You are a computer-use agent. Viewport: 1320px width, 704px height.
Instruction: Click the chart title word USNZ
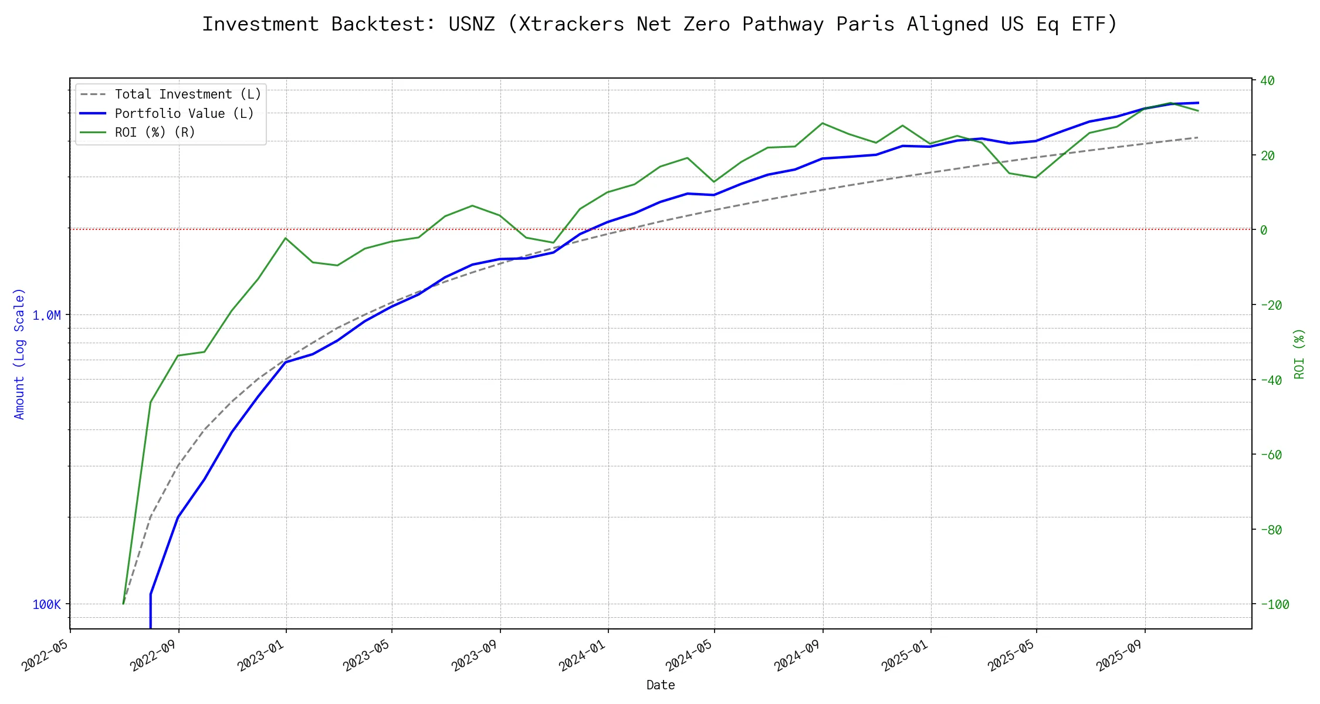point(471,24)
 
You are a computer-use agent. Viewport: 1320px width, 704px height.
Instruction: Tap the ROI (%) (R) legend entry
point(155,133)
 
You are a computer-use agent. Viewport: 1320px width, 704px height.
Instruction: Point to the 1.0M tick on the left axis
point(46,316)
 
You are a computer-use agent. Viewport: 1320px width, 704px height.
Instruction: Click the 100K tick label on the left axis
point(46,605)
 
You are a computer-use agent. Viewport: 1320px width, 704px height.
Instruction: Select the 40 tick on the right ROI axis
point(1267,81)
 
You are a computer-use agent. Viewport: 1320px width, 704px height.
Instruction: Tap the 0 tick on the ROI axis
point(1264,230)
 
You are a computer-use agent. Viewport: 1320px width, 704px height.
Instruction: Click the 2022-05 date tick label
point(45,655)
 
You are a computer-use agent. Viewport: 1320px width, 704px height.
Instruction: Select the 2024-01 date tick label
point(583,655)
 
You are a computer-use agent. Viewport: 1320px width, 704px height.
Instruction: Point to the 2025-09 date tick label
point(1120,655)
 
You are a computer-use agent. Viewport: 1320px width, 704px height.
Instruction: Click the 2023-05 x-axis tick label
point(367,655)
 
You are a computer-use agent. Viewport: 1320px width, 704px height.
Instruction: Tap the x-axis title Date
point(661,685)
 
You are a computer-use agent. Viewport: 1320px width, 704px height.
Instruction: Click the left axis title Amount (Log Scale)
point(19,354)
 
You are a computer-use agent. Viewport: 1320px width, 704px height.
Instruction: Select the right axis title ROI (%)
point(1299,354)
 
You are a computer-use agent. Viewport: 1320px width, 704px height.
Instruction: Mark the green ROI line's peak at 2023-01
point(286,238)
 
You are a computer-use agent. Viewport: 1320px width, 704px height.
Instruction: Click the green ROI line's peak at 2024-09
point(823,123)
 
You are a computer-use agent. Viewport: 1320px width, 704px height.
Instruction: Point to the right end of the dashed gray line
point(1198,137)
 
